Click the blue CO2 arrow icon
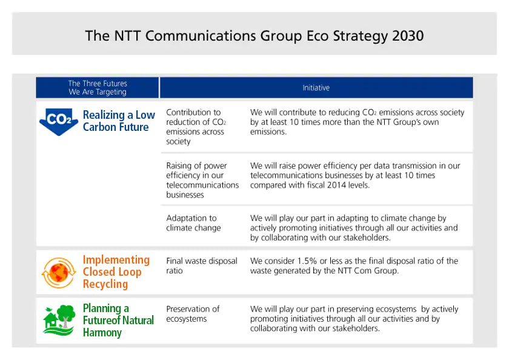pos(59,121)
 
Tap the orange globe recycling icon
pos(59,273)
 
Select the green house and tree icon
pos(59,320)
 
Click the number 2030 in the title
pos(408,36)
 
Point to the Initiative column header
pos(316,88)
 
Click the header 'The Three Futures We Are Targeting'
pos(98,88)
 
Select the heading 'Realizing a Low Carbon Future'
pos(119,121)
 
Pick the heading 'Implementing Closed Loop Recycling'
pos(116,272)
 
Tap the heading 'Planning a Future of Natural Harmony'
pos(118,320)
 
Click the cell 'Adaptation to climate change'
pos(193,222)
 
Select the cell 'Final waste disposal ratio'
pos(202,265)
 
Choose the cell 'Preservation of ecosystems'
pos(193,313)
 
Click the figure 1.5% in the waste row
pos(307,261)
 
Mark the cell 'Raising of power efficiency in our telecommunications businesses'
pos(202,180)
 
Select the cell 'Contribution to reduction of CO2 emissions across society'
pos(196,127)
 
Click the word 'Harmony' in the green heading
pos(102,332)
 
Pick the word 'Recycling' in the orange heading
pos(105,284)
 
